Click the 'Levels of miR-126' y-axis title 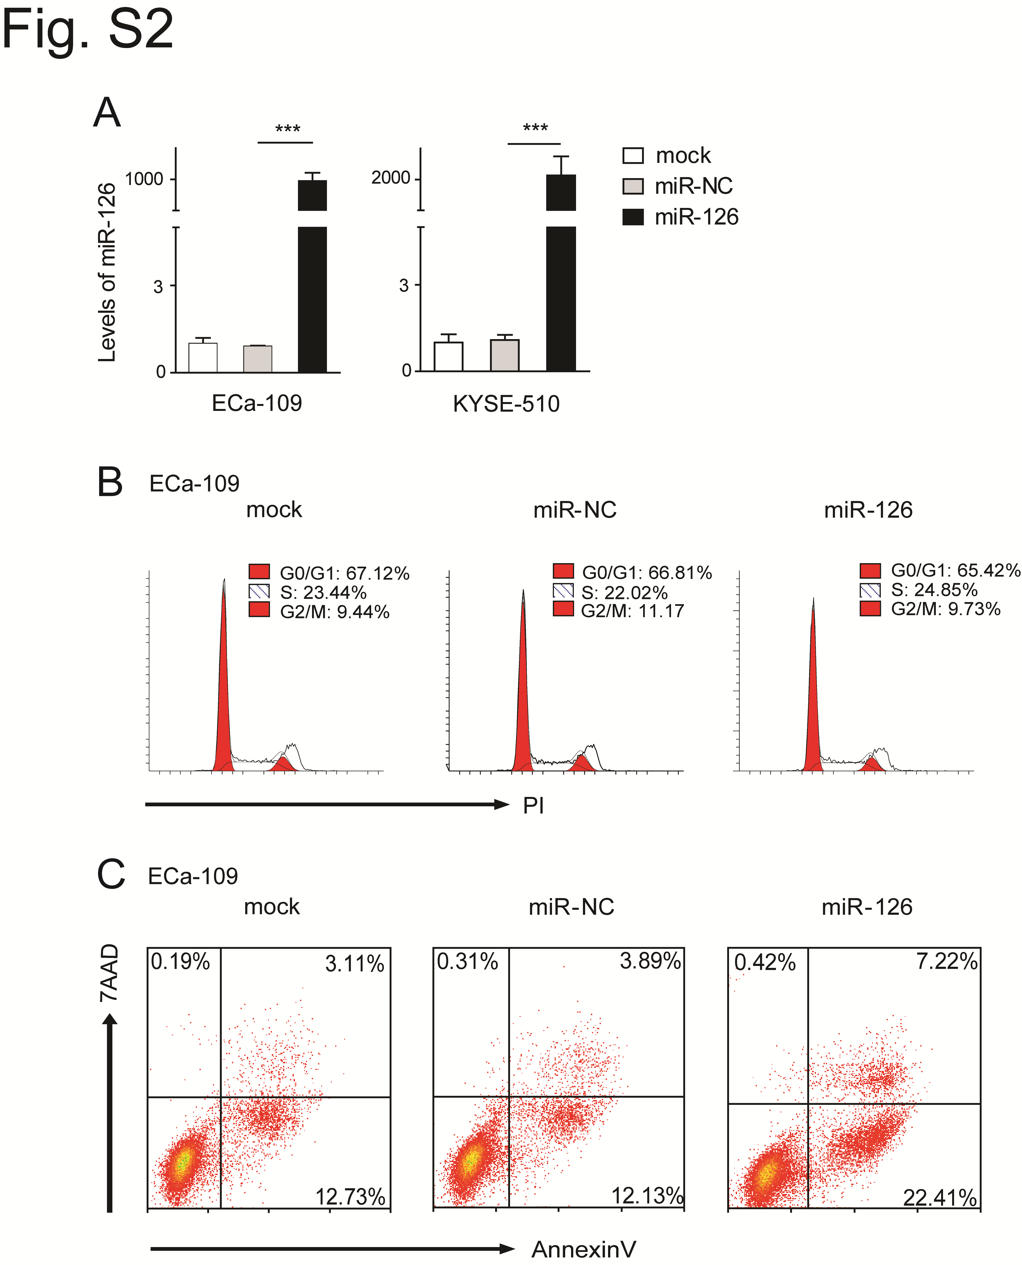107,272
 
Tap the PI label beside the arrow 534,805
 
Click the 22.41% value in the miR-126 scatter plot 940,1197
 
